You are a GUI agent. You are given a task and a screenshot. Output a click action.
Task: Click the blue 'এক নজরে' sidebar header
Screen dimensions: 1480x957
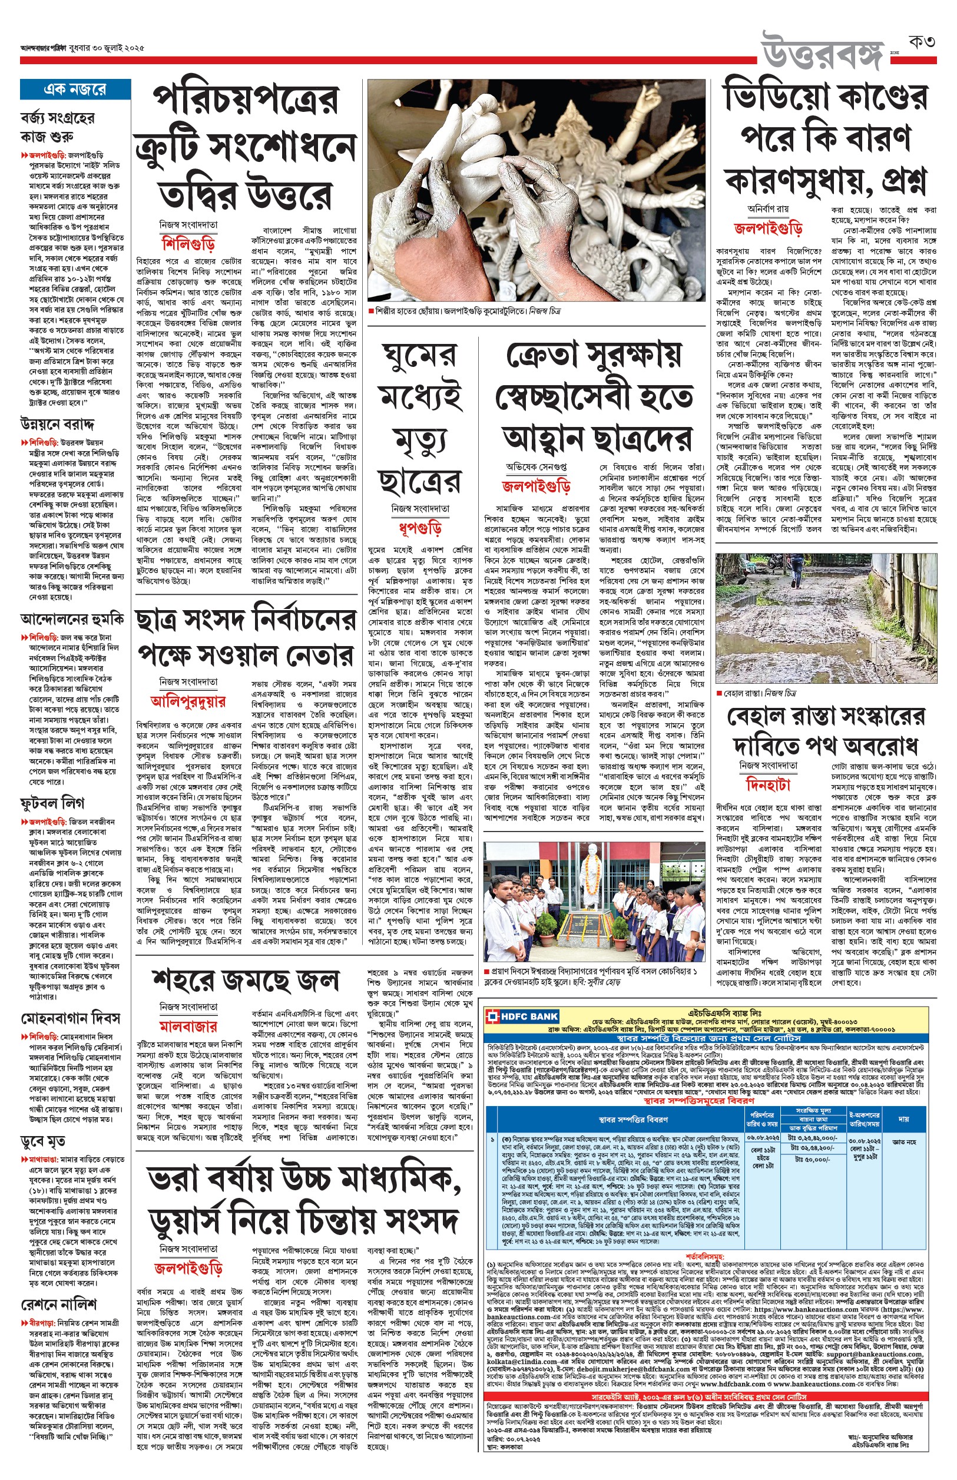[75, 90]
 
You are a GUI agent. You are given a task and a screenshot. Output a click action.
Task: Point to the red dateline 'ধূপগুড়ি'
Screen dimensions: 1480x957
[419, 528]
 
